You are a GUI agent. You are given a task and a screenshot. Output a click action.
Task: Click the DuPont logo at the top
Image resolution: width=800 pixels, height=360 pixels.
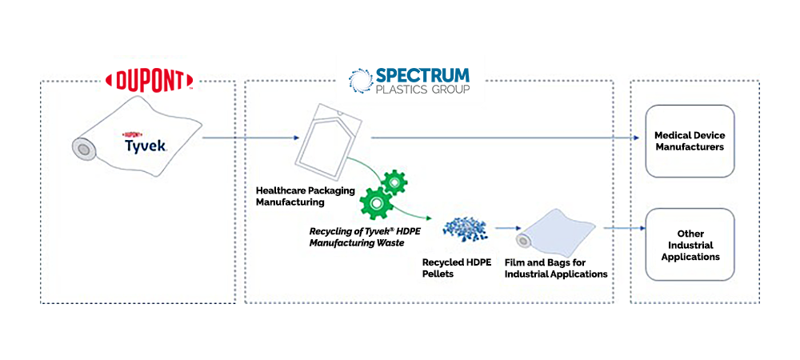[x=150, y=79]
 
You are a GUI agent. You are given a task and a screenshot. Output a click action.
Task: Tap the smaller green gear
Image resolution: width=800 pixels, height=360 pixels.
[x=394, y=183]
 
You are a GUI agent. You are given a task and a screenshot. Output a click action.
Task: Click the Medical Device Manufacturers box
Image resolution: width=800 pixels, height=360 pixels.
[x=689, y=141]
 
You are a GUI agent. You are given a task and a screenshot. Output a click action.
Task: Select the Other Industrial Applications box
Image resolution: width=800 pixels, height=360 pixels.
[x=689, y=245]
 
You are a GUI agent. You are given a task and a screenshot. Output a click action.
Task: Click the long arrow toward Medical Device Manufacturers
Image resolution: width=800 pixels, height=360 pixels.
[x=504, y=138]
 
